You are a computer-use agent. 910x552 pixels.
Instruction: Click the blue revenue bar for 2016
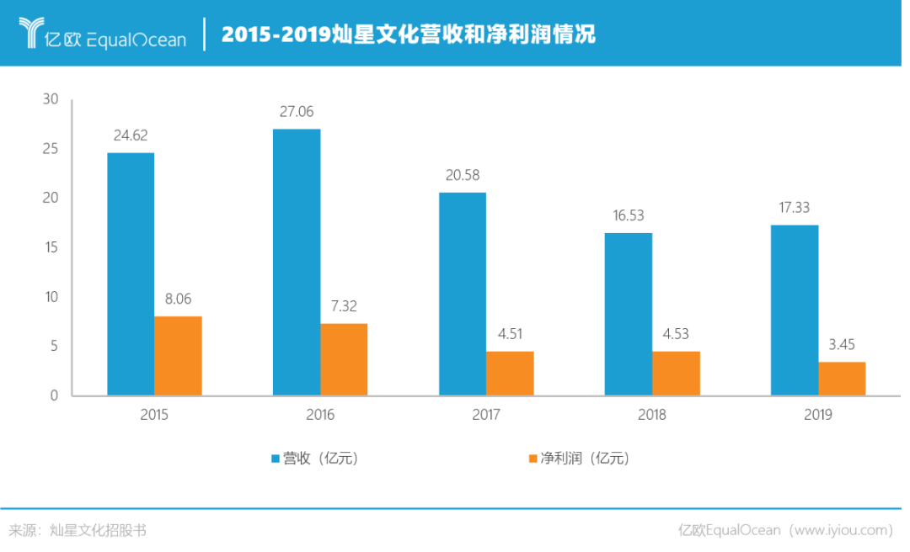297,262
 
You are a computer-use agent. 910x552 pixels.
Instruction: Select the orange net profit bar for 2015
179,355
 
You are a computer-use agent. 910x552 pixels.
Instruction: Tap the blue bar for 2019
795,310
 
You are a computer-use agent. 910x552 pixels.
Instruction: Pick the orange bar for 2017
510,373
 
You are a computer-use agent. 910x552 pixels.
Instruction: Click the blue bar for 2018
629,314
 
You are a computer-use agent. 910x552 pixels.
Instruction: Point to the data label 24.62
131,135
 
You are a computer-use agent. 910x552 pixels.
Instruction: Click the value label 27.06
297,111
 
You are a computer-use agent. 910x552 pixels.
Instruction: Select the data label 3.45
843,344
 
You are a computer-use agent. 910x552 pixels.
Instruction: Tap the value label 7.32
345,306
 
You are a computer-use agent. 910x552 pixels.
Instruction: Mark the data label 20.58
463,175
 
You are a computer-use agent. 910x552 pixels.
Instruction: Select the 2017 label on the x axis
486,415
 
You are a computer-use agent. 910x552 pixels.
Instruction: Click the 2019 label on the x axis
818,415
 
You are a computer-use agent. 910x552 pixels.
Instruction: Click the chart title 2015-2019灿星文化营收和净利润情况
408,34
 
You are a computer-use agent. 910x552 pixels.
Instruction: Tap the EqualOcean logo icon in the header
32,34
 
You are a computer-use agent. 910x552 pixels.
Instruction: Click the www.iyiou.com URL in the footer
839,530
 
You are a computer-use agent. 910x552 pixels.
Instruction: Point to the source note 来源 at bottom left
25,530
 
